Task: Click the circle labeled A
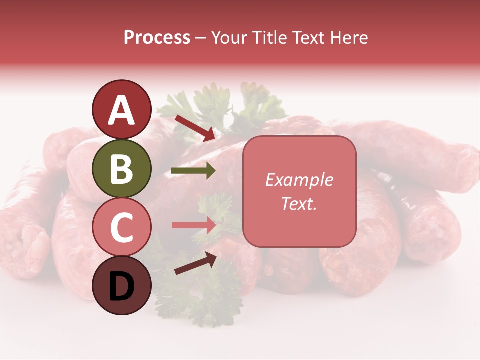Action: (121, 109)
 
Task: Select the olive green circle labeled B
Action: (121, 168)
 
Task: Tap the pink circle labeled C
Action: (121, 227)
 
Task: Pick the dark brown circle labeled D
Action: (121, 285)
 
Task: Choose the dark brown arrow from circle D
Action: (195, 263)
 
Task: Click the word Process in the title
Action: (157, 38)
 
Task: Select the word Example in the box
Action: (299, 180)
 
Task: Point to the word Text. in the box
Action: (299, 203)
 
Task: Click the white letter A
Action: (121, 110)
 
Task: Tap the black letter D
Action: (121, 286)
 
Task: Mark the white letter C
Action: (121, 227)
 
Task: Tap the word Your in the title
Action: (227, 38)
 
